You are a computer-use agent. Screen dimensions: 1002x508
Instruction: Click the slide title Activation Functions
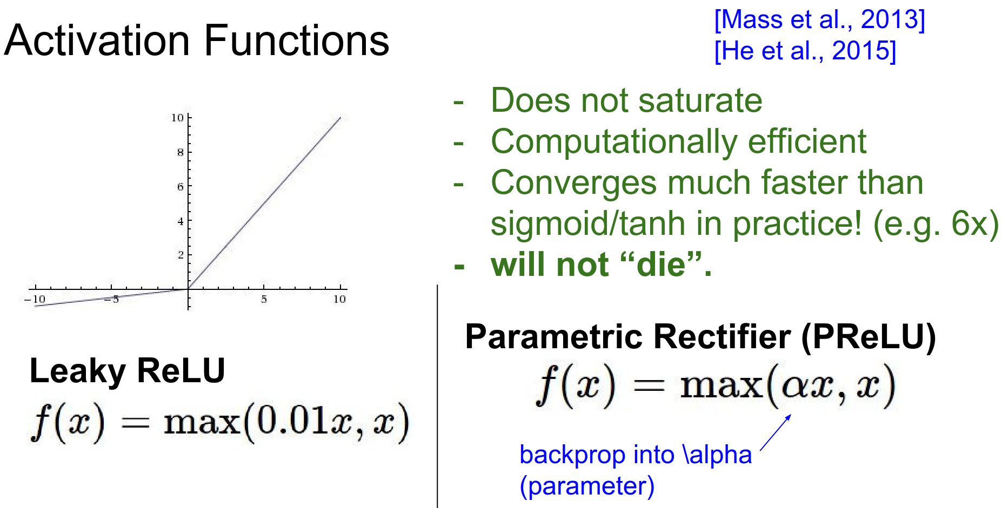click(196, 40)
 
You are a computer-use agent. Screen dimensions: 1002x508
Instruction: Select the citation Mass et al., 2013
click(819, 20)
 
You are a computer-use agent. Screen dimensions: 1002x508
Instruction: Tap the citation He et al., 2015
click(805, 51)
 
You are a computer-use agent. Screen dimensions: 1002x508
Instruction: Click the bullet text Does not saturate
click(626, 100)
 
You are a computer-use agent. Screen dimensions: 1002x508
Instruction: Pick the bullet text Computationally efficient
click(678, 142)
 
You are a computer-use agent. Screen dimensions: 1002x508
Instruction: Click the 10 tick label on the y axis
click(177, 118)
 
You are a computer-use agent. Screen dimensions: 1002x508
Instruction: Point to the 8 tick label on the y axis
click(181, 152)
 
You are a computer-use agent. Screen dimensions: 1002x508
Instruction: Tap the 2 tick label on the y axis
click(181, 255)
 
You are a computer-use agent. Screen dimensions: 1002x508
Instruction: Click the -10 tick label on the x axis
click(35, 299)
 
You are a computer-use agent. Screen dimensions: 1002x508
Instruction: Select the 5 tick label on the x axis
click(264, 299)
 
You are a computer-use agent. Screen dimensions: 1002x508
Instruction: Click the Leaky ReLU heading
click(127, 371)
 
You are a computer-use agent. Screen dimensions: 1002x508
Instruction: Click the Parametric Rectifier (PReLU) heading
click(700, 337)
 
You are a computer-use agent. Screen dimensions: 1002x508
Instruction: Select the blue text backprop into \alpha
click(636, 455)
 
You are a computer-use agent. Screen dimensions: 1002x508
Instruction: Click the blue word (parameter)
click(587, 486)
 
